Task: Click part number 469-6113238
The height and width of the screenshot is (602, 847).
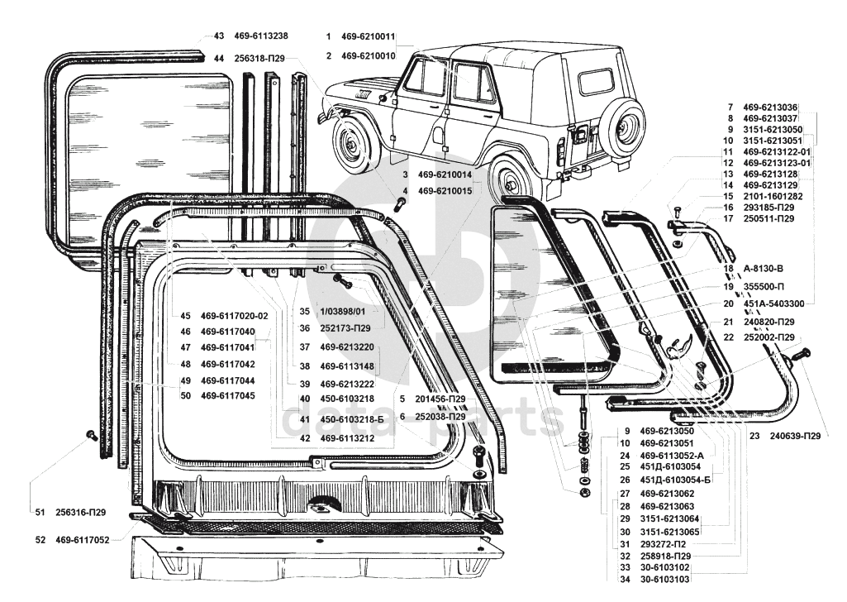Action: pos(255,36)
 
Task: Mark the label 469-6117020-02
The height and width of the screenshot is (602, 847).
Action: pos(235,315)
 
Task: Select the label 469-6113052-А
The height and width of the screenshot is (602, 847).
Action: pos(673,455)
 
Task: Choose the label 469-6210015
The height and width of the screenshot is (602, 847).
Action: pos(445,191)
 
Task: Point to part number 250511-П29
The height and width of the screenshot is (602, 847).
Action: pos(768,219)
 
